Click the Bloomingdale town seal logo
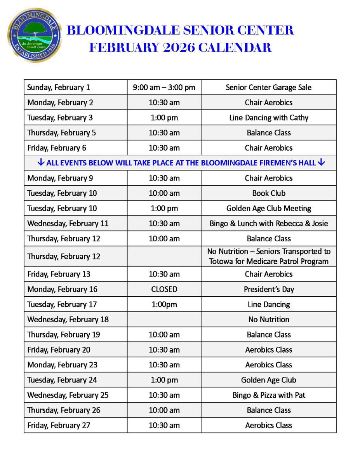35,35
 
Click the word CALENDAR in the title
235,47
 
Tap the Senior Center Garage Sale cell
268,87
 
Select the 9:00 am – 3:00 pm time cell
164,87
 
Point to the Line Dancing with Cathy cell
268,118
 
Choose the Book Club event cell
268,193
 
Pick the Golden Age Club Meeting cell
268,208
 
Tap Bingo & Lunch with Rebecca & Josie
268,223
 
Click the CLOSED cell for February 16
164,289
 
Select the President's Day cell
268,289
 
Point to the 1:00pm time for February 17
164,304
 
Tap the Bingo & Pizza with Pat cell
268,395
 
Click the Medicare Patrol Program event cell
268,256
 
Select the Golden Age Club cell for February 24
268,380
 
